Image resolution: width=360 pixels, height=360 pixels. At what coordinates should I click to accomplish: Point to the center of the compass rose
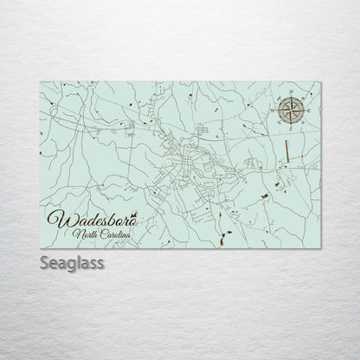point(290,110)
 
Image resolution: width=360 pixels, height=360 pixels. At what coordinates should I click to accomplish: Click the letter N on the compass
point(291,91)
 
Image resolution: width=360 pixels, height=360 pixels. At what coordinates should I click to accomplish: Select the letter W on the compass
point(271,111)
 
